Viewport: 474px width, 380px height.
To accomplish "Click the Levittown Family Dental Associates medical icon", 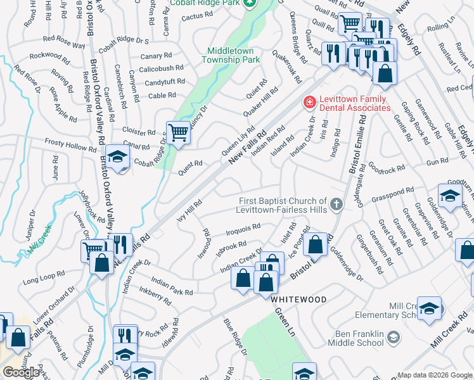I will (310, 102).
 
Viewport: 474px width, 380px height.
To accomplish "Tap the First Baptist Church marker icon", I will (336, 204).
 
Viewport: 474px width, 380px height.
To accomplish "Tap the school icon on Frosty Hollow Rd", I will (117, 156).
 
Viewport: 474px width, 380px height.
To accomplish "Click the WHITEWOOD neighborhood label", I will (299, 300).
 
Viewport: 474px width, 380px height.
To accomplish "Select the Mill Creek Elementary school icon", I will (429, 308).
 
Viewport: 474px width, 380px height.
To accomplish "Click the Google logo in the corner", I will (21, 372).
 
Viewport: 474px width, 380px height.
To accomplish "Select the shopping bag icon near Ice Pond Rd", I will (315, 243).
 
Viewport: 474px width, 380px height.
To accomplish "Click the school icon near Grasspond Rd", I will (449, 196).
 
